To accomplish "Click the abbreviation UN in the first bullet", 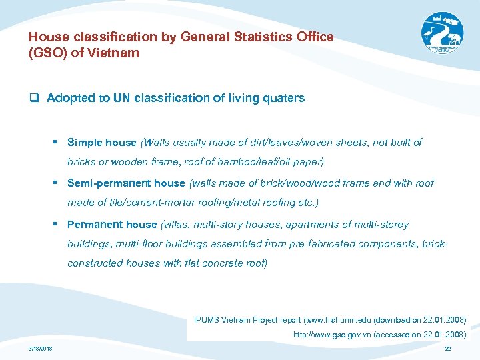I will pos(122,98).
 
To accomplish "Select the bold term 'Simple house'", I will pos(101,142).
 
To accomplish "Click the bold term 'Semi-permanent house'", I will pos(126,183).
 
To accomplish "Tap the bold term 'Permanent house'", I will pos(112,225).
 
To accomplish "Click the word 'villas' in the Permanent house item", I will pos(176,225).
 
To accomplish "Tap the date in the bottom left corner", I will pos(41,349).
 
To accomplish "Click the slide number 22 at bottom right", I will pos(447,349).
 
